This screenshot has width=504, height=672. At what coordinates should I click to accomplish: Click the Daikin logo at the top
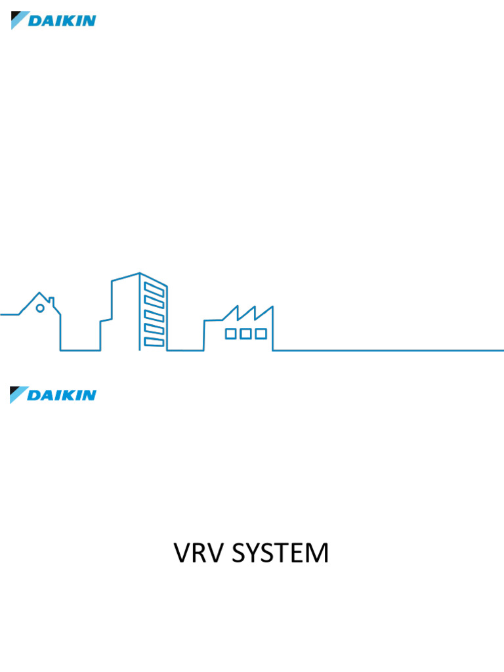point(53,20)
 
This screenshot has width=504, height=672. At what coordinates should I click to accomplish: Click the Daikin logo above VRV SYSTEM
point(53,395)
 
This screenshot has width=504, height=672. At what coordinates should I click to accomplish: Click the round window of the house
point(40,308)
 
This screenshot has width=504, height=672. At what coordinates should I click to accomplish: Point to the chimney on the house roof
point(51,303)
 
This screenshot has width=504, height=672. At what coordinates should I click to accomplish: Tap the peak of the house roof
point(40,293)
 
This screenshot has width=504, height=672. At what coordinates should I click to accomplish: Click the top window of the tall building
point(154,289)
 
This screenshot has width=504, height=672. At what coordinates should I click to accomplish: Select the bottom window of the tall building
point(154,342)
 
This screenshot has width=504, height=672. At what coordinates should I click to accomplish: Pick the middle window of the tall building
point(154,316)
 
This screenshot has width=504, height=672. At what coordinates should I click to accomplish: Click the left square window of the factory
point(230,334)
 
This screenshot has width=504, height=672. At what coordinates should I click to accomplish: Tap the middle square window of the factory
point(245,334)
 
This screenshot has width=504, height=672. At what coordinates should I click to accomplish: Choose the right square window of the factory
point(261,334)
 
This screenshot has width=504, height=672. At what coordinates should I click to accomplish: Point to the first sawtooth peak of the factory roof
point(236,306)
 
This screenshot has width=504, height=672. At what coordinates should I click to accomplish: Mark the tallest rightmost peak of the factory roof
point(272,306)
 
